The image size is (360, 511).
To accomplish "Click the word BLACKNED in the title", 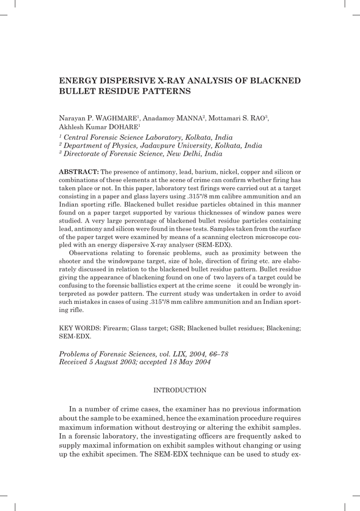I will point(276,81).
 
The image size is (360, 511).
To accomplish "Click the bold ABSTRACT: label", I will point(79,172).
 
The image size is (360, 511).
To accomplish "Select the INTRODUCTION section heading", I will point(180,390).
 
